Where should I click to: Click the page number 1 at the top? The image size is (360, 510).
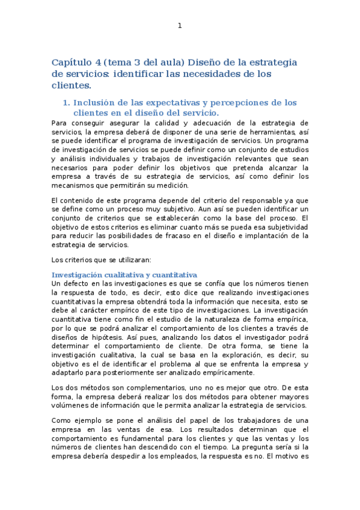[x=179, y=25]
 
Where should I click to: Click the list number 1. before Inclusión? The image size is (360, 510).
[x=67, y=103]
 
